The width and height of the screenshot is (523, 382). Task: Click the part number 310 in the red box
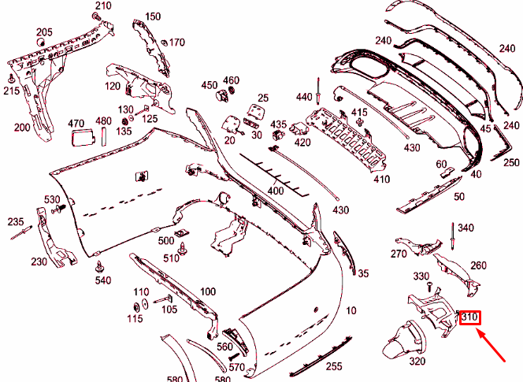click(x=470, y=317)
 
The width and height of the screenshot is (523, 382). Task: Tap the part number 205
click(x=44, y=32)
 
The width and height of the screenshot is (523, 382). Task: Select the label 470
click(x=76, y=123)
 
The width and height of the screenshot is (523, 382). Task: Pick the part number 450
click(x=209, y=85)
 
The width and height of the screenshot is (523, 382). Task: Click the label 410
click(x=382, y=180)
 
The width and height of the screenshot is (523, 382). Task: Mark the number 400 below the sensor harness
click(x=275, y=191)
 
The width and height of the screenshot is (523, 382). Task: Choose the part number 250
click(x=511, y=162)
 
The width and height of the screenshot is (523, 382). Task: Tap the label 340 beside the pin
click(x=466, y=228)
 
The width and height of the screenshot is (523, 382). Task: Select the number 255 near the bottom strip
click(x=334, y=366)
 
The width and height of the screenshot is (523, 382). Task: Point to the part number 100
click(x=207, y=292)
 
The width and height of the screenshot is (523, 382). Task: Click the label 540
click(x=103, y=280)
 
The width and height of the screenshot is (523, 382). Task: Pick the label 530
click(x=52, y=199)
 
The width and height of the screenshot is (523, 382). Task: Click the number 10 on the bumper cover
click(x=351, y=311)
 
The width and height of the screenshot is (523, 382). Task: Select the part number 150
click(x=153, y=17)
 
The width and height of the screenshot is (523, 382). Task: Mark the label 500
click(x=165, y=240)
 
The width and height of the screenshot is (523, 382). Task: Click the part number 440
click(x=304, y=96)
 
